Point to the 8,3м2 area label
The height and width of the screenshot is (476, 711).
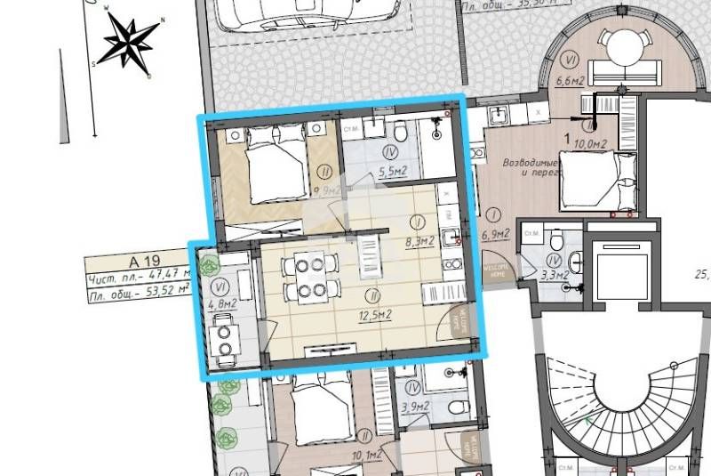pyautogui.click(x=419, y=239)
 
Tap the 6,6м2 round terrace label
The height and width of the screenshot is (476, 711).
pyautogui.click(x=569, y=81)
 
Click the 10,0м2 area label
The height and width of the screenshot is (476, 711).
pyautogui.click(x=590, y=142)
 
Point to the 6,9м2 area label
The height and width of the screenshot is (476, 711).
pyautogui.click(x=493, y=234)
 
